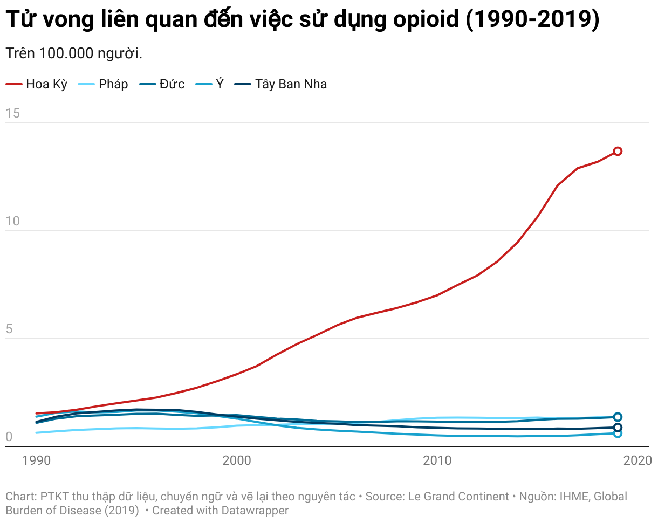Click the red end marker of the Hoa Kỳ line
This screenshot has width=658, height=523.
click(618, 151)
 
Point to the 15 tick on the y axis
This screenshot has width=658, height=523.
click(12, 113)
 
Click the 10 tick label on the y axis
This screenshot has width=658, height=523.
click(12, 221)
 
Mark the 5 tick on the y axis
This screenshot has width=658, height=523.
click(9, 329)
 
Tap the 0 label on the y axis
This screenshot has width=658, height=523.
click(9, 437)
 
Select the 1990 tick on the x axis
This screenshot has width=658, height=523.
click(36, 460)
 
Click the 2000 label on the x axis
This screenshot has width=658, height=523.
click(236, 460)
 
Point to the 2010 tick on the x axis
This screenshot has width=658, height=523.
click(437, 460)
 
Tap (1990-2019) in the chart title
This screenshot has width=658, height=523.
click(532, 20)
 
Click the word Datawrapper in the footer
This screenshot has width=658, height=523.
click(255, 510)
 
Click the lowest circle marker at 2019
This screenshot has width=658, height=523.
click(618, 433)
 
